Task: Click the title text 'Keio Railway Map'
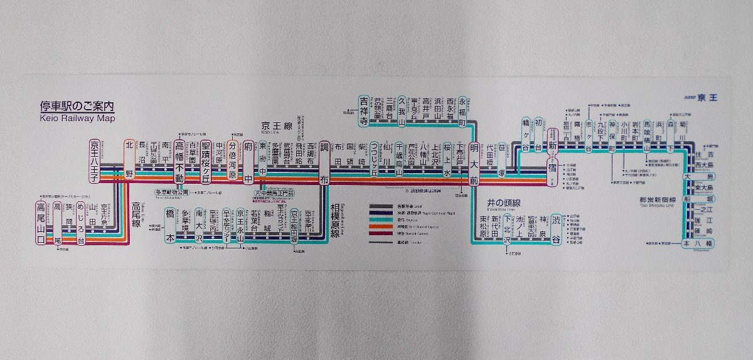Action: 77,117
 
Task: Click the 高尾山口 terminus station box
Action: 41,223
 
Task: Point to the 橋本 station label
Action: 169,225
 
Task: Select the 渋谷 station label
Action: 555,228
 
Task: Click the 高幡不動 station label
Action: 179,161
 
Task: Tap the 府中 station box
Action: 248,160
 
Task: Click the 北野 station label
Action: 129,160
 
